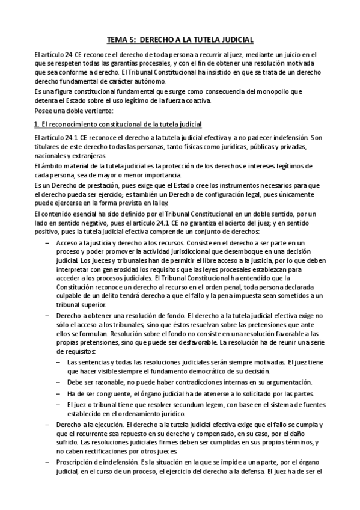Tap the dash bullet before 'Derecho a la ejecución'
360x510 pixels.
point(48,425)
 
